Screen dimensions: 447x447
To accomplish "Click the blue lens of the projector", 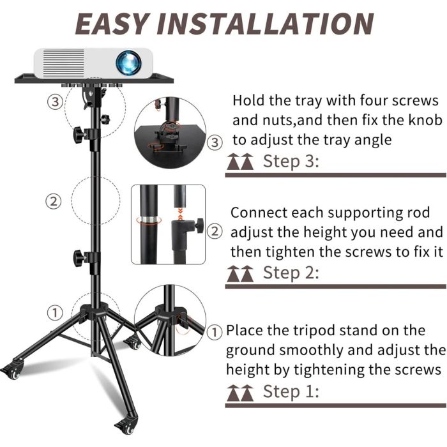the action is click(128, 63).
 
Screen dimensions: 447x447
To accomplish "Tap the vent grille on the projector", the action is click(64, 63).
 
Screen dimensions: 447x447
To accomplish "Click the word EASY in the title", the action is click(112, 24).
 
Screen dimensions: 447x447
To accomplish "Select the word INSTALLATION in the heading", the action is click(265, 24).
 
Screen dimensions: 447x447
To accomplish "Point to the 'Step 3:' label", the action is click(291, 161).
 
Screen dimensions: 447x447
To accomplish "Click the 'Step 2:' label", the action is click(291, 273).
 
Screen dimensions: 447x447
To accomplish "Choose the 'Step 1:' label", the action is click(291, 391).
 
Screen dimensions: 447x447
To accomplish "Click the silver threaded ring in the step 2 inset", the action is click(149, 220).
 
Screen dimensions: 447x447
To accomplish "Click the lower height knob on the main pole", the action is click(80, 258).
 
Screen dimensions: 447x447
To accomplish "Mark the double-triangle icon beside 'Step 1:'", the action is click(240, 393).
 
